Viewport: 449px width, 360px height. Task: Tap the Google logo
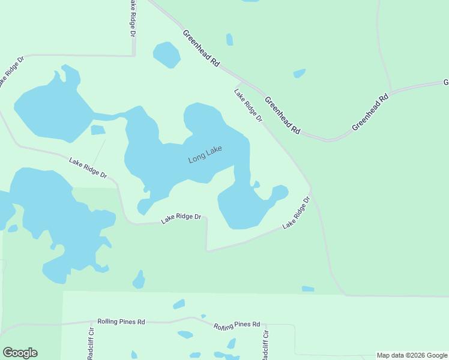pos(20,353)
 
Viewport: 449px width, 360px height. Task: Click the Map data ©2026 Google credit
pos(412,355)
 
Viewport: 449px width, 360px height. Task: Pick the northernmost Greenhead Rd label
pos(201,47)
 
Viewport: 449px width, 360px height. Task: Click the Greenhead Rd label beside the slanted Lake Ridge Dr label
pos(282,115)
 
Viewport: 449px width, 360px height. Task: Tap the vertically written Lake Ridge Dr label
pos(132,18)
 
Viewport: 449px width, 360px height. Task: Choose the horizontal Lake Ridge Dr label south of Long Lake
pos(181,218)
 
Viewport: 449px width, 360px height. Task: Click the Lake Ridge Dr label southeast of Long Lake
pos(297,212)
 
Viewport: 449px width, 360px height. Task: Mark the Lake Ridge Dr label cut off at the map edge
pos(11,72)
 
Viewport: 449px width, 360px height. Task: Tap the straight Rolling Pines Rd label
pos(121,322)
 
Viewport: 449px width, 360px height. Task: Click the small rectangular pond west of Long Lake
pos(98,130)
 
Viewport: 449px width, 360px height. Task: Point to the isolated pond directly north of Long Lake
pos(166,55)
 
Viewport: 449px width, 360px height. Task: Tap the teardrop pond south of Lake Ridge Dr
pos(139,280)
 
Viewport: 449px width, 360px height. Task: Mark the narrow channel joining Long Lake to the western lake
pos(108,116)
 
